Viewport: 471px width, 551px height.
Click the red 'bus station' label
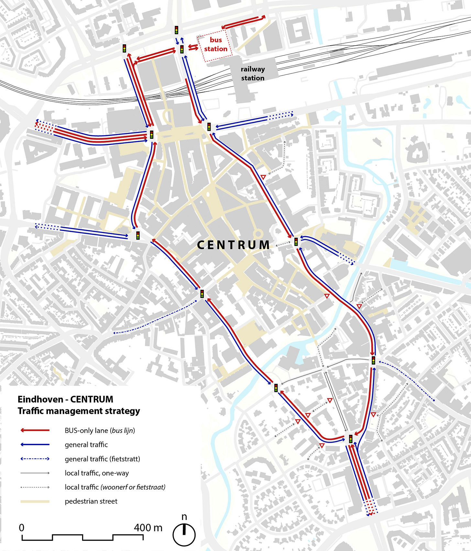coord(215,44)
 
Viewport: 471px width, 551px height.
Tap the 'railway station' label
coord(253,73)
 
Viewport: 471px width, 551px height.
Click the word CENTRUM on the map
coord(233,245)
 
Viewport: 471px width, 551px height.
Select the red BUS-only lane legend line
coord(35,430)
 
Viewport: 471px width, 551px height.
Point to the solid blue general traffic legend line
coord(35,445)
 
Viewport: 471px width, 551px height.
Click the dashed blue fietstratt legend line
coord(35,459)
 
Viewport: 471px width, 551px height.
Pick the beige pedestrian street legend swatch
coord(35,501)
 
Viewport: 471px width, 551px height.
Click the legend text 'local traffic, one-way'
coord(97,473)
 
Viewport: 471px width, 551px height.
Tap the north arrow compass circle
coord(184,535)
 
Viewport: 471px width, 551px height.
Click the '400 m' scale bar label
coord(148,528)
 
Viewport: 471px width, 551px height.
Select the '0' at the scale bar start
coord(22,528)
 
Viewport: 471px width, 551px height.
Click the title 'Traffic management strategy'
coord(79,411)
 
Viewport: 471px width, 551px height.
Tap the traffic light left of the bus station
coord(182,49)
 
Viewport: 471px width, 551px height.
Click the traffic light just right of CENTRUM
coord(296,241)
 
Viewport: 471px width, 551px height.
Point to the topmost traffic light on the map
coord(176,30)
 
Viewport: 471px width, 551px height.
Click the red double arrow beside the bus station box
coord(193,48)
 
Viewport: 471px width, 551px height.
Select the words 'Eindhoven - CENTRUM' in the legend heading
coord(65,399)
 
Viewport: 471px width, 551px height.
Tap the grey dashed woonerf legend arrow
coord(35,487)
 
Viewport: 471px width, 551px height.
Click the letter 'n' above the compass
coord(184,517)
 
